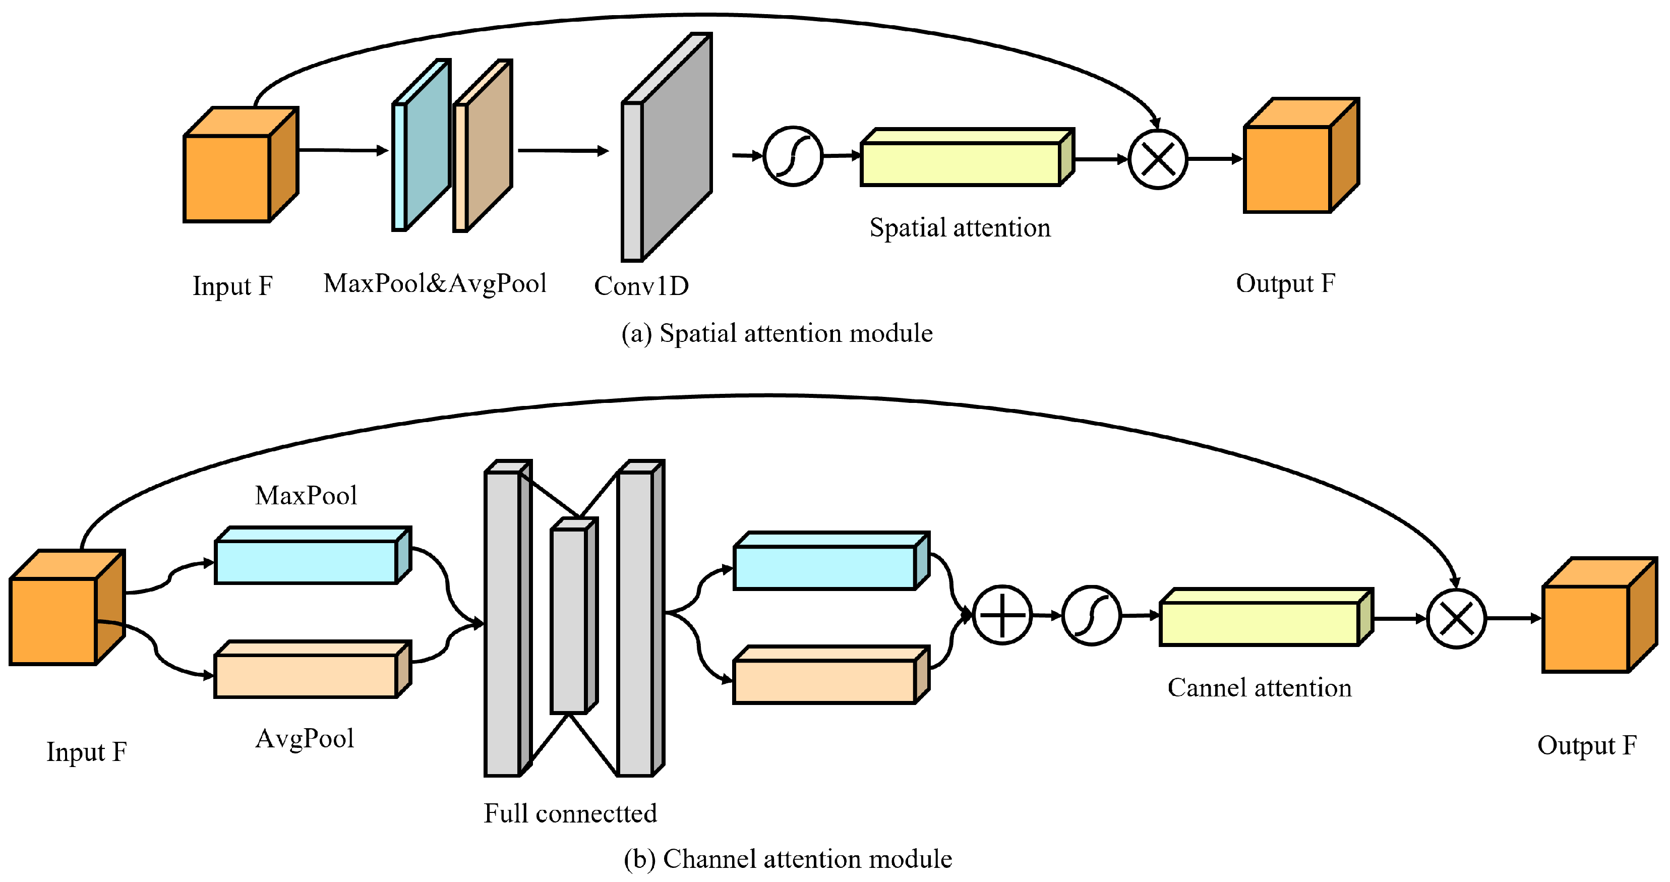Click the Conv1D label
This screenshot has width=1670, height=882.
(x=641, y=286)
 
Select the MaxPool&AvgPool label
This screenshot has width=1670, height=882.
(x=435, y=284)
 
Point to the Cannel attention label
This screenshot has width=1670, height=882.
(x=1260, y=687)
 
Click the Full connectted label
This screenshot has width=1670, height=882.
(x=570, y=813)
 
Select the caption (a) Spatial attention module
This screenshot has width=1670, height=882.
(x=777, y=333)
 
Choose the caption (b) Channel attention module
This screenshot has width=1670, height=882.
(x=788, y=859)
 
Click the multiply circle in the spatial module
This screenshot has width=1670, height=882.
(x=1158, y=159)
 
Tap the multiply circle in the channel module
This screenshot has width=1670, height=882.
(x=1456, y=619)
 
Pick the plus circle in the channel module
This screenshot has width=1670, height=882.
(x=1002, y=615)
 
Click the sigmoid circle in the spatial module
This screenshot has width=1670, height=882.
(x=793, y=156)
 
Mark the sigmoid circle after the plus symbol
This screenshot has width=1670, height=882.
(x=1092, y=615)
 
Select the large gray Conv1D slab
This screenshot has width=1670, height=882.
(x=667, y=147)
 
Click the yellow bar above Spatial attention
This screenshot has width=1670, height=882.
(x=967, y=157)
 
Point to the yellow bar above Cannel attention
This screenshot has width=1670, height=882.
(x=1266, y=617)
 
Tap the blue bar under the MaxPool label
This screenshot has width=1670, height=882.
(x=313, y=555)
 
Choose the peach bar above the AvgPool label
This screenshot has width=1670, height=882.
(x=313, y=669)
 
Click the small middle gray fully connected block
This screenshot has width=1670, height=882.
(x=574, y=615)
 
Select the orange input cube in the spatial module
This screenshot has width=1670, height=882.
(x=241, y=165)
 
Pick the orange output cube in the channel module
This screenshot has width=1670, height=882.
(x=1599, y=615)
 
